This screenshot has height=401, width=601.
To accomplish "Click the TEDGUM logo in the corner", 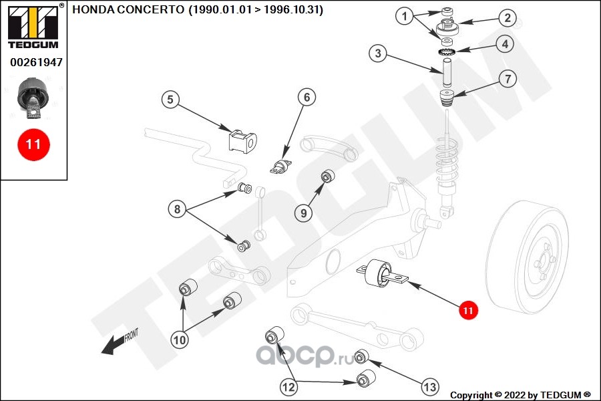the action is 33,26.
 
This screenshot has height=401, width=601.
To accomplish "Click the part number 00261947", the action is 37,62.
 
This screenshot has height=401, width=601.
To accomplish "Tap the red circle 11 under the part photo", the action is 33,144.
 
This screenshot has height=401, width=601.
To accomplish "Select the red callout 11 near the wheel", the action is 468,310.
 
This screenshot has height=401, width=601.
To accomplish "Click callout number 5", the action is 170,100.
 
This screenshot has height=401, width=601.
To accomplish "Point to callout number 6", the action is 307,98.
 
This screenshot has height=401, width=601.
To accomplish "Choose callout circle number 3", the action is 378,53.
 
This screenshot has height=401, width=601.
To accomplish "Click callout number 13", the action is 429,387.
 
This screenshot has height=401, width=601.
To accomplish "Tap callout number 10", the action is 180,340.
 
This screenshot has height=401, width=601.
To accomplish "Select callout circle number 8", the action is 177,209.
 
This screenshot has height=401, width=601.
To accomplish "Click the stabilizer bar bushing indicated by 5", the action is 242,142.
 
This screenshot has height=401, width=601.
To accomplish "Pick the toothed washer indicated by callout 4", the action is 447,51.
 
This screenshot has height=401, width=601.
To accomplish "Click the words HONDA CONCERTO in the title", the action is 128,9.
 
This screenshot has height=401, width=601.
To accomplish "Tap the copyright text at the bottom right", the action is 520,395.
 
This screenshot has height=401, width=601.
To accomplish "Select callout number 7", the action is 508,79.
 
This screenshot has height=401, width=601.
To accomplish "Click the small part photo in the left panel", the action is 33,98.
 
